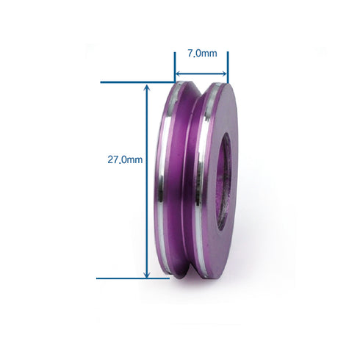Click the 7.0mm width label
click(x=201, y=54)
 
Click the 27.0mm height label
click(x=124, y=158)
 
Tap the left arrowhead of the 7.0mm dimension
click(x=178, y=73)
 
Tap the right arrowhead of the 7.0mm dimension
click(x=225, y=73)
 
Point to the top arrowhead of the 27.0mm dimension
click(x=147, y=86)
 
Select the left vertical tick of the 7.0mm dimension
click(x=175, y=66)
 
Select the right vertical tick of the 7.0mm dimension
click(x=228, y=66)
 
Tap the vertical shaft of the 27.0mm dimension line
click(x=147, y=220)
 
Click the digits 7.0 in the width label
click(x=194, y=54)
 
